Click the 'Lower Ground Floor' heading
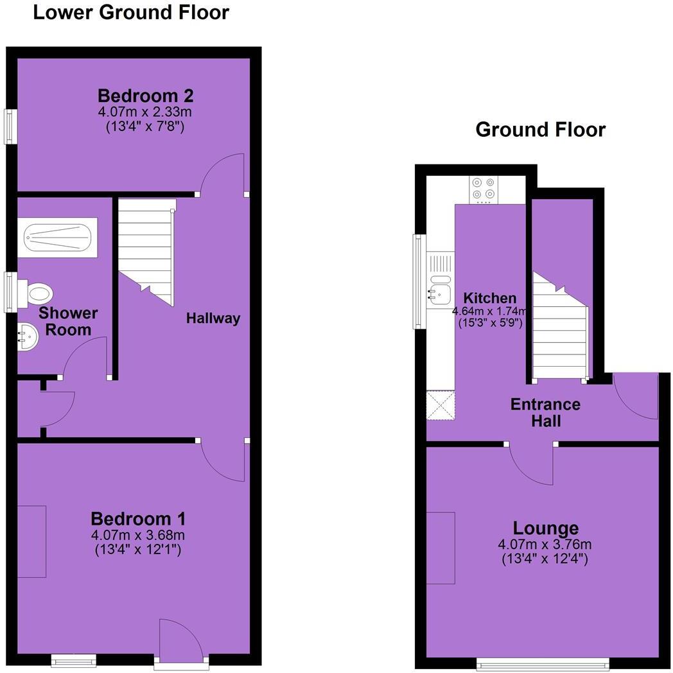130,12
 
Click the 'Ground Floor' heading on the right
540,130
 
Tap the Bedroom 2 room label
145,96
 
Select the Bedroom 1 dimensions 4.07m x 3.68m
139,535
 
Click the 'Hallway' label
213,318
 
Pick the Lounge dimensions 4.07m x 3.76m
545,545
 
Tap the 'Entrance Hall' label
545,413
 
